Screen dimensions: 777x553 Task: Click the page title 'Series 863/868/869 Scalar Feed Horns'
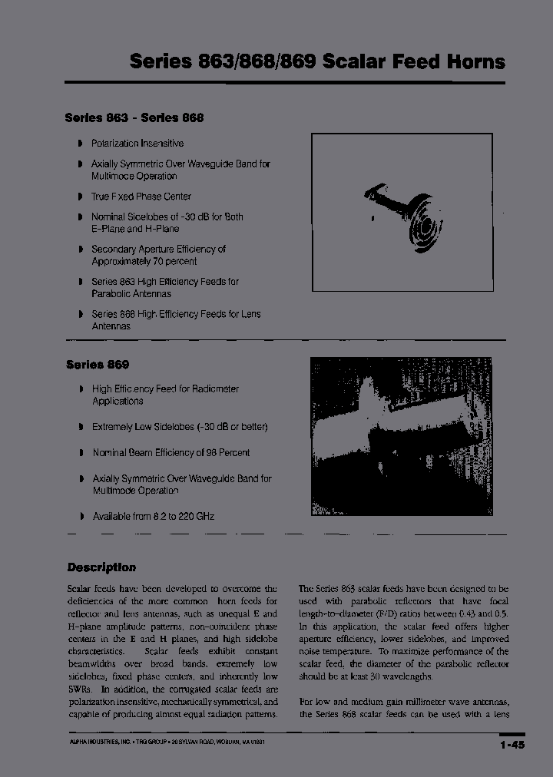pos(317,61)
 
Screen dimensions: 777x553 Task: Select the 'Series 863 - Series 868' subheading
pos(134,117)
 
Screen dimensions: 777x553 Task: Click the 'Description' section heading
pos(101,567)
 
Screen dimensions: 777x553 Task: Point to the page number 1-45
pos(512,744)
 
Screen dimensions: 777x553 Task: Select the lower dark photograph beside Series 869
pos(401,436)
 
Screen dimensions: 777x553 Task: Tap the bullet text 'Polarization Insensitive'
pos(137,144)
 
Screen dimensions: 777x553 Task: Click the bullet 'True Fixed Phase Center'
pos(141,197)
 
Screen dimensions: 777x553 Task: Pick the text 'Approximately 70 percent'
pos(144,261)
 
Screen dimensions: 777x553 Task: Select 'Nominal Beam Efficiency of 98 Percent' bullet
pos(171,453)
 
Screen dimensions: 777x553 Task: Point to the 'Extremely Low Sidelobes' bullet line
pos(180,426)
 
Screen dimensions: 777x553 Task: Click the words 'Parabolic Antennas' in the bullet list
pos(131,293)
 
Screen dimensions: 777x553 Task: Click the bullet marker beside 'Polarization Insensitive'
pos(81,144)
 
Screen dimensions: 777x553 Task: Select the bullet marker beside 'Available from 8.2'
pos(81,517)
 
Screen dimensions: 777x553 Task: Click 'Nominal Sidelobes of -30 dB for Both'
pos(167,217)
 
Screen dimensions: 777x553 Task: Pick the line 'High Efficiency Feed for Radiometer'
pos(165,389)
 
